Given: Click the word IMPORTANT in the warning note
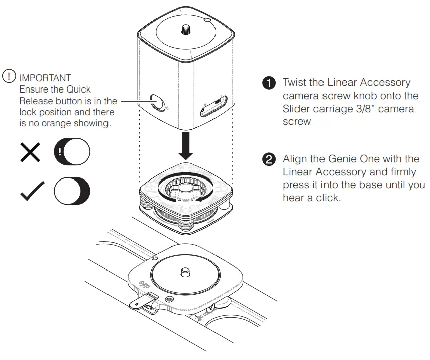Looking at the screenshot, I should (45, 78).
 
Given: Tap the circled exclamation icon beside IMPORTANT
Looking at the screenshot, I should (10, 77).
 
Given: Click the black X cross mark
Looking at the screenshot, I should (30, 151).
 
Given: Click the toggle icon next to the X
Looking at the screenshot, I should (72, 151).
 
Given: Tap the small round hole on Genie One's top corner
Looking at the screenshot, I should (207, 20).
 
